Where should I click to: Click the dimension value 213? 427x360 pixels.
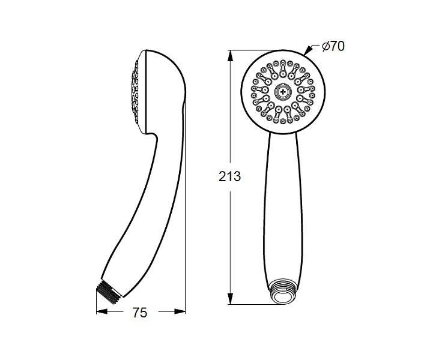coord(229,176)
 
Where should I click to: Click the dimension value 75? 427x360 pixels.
coord(140,313)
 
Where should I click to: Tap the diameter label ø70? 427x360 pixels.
coord(333,46)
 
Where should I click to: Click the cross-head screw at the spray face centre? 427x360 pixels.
coord(283,92)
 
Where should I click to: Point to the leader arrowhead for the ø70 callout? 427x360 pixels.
coord(308,51)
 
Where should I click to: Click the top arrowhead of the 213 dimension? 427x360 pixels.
coord(231,56)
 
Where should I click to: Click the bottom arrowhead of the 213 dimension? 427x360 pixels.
coord(231,299)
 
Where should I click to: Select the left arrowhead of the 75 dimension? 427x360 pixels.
coord(102,311)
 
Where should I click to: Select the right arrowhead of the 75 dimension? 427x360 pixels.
coord(180,311)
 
